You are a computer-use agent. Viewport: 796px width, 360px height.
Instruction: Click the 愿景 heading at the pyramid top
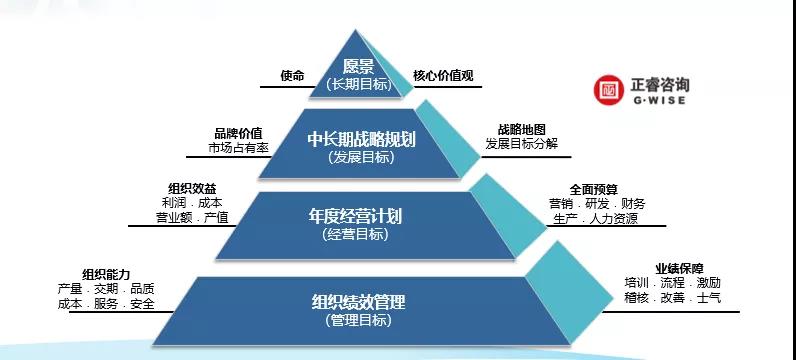point(357,67)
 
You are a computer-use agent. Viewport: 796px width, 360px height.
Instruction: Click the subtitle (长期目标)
point(357,85)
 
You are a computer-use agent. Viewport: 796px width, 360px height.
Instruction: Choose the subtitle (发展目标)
point(357,157)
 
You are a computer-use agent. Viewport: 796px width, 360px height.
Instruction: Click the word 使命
point(292,75)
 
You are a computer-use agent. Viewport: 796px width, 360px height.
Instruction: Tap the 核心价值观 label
point(443,75)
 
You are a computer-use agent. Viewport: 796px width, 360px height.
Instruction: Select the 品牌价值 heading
point(239,133)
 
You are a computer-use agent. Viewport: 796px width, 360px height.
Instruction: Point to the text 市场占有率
point(238,148)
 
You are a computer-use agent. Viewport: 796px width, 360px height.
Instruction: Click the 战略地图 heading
point(521,129)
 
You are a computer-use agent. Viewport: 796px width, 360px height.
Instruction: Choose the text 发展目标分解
point(521,144)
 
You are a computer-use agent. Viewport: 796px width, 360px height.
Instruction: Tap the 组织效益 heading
point(193,187)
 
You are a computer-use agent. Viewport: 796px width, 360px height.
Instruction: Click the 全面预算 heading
point(593,188)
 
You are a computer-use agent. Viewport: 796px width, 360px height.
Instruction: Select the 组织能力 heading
point(107,274)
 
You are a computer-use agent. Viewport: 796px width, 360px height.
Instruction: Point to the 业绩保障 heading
point(679,268)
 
